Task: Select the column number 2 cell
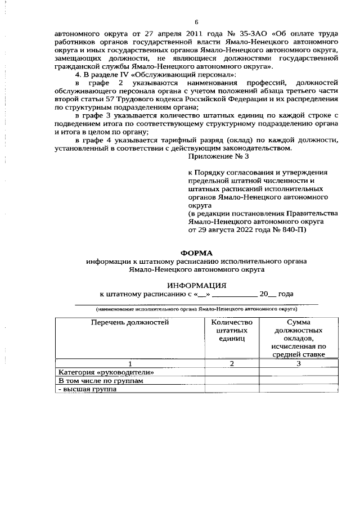pos(231,363)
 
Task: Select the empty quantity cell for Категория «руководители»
pos(231,372)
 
